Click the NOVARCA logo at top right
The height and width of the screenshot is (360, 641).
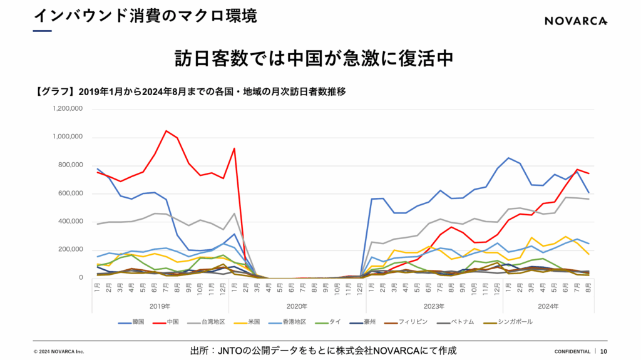tap(575, 21)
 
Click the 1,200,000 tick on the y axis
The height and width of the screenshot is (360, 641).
tap(69, 109)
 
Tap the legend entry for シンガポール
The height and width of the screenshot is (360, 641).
tap(515, 322)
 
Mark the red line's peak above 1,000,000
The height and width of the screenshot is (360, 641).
tap(166, 131)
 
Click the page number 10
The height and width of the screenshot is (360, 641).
tap(604, 351)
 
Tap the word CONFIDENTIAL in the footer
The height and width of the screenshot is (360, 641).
tap(572, 351)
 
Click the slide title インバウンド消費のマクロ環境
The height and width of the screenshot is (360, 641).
tap(145, 16)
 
